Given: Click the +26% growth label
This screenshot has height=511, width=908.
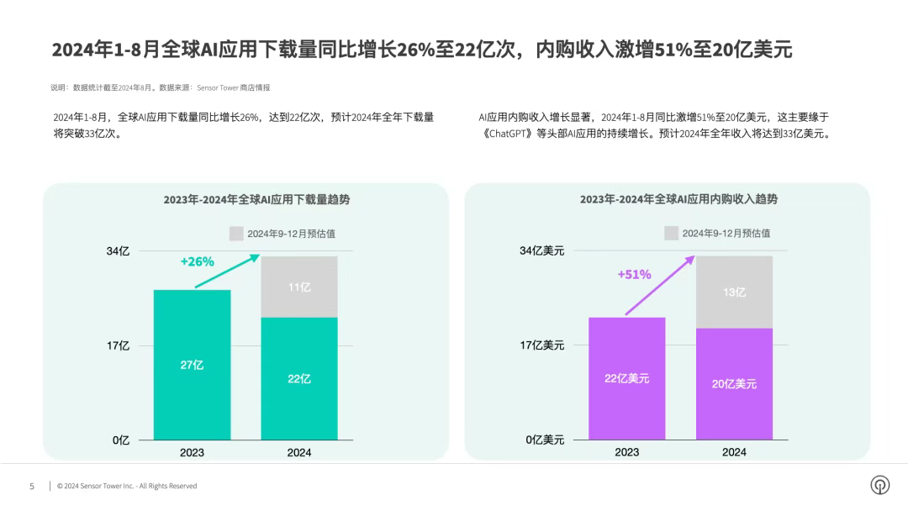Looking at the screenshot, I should click(x=198, y=261).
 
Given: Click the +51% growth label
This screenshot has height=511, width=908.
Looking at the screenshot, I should click(x=634, y=274).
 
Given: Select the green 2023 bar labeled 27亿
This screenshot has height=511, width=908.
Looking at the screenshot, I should click(x=192, y=365).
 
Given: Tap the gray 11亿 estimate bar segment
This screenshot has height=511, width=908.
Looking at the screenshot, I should click(x=299, y=287).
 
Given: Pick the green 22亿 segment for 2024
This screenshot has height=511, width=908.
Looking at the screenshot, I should click(x=299, y=378).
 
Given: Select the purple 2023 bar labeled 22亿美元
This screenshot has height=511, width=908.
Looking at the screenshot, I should click(x=626, y=378).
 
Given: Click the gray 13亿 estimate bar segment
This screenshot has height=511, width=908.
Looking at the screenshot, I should click(x=734, y=292).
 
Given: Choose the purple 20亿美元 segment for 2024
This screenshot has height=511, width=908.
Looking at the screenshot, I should click(x=734, y=383).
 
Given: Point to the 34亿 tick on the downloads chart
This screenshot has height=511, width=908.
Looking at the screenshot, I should click(x=119, y=250).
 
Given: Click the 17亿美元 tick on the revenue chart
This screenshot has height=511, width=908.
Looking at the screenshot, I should click(x=541, y=345).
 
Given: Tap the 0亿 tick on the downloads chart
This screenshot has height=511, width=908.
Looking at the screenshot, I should click(x=121, y=440).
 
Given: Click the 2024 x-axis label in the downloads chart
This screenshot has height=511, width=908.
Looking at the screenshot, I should click(x=299, y=453).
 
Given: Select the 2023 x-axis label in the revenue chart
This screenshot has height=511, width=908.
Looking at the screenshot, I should click(x=626, y=452).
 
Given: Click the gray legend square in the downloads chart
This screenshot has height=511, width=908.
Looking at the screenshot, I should click(x=236, y=234).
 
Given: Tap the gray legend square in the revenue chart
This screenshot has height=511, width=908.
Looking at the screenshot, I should click(x=671, y=233).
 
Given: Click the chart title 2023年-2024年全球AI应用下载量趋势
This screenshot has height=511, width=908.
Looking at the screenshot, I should click(x=256, y=200).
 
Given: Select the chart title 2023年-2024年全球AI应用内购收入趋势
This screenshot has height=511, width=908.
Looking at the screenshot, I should click(x=678, y=199).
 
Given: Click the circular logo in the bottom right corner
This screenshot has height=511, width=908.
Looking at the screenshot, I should click(x=879, y=485).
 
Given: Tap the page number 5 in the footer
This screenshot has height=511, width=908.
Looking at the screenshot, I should click(x=32, y=486).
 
